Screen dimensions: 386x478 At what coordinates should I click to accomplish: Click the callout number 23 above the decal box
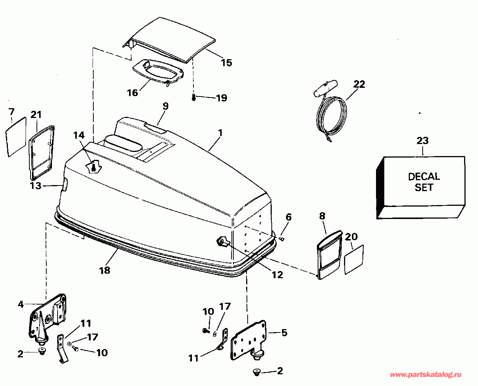[422, 141]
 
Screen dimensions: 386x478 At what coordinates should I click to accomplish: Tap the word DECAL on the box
[424, 176]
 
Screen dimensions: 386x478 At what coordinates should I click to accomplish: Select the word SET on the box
[424, 187]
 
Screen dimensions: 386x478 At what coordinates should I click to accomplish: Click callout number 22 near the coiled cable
[359, 84]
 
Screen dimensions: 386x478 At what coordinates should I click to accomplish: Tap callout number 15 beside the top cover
[226, 63]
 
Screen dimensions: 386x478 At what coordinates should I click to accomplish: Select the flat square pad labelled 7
[16, 136]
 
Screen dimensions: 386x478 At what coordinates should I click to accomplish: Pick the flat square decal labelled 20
[355, 260]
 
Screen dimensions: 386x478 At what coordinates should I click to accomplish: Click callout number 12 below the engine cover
[277, 275]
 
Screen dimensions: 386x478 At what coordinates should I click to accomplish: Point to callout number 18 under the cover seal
[105, 270]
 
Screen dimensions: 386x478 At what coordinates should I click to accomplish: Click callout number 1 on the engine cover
[220, 133]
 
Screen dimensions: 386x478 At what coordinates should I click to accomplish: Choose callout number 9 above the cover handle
[165, 106]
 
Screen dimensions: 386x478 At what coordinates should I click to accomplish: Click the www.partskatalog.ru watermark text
[425, 375]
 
